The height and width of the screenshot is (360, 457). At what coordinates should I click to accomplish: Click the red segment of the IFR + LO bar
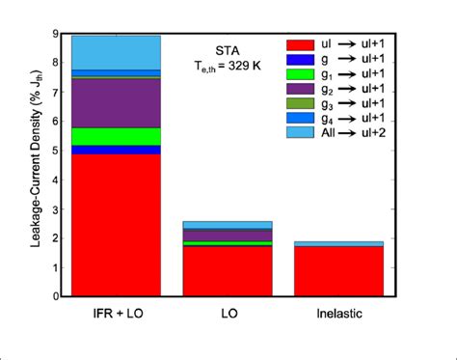[x=117, y=224]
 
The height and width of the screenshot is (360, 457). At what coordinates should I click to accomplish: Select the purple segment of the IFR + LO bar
[x=117, y=102]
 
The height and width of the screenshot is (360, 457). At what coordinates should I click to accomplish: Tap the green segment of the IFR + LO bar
[x=117, y=136]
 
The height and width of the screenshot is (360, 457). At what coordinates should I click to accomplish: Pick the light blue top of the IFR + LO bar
[x=117, y=52]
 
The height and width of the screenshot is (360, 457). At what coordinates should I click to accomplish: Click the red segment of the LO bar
[x=228, y=270]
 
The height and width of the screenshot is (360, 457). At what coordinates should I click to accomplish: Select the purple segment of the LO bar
[x=228, y=235]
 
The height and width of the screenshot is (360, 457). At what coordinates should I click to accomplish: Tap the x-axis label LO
[x=228, y=317]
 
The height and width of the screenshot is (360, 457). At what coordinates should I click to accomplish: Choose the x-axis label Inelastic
[x=338, y=317]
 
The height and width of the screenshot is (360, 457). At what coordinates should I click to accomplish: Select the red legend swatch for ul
[x=301, y=44]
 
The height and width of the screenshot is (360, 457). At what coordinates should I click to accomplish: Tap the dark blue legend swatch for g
[x=301, y=59]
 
